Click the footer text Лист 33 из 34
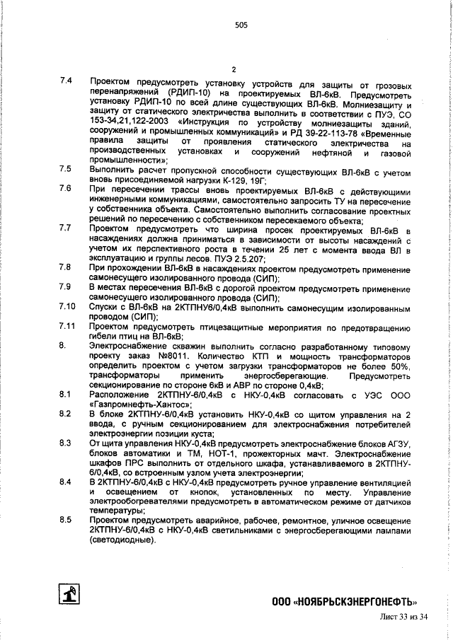400,618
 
